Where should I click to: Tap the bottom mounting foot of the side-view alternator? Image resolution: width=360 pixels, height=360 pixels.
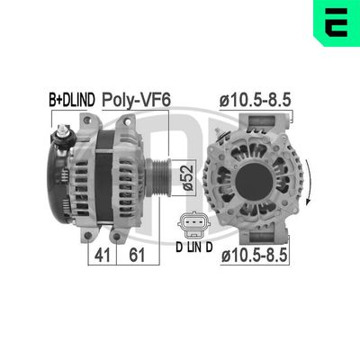pyautogui.click(x=89, y=235)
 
